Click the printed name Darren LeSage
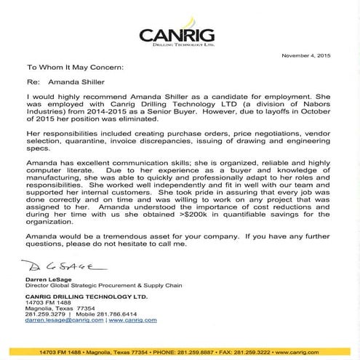tap(47, 279)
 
